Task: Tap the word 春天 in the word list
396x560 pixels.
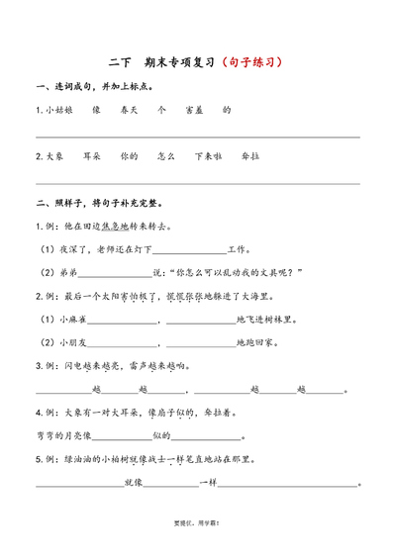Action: (127, 111)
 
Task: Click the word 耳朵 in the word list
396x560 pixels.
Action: (91, 156)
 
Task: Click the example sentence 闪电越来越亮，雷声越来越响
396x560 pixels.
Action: (129, 365)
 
